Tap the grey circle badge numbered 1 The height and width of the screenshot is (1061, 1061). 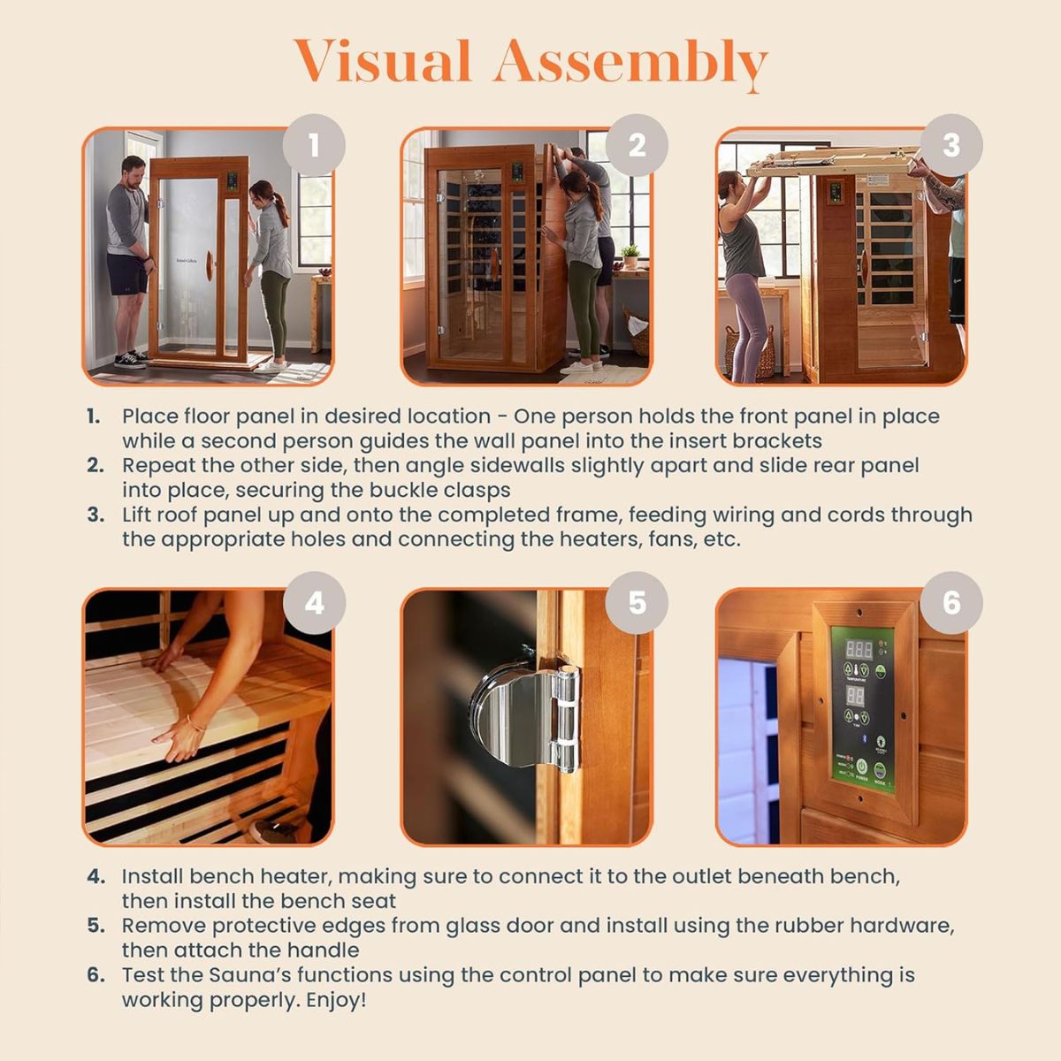point(314,145)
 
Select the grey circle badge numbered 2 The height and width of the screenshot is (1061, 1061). point(637,145)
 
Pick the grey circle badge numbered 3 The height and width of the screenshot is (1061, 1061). point(951,145)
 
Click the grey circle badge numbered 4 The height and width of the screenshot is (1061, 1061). point(314,603)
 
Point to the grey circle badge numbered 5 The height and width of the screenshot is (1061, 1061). point(637,603)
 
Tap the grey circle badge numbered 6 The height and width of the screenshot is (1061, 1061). point(951,603)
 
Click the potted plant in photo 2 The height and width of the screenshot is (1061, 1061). point(630,256)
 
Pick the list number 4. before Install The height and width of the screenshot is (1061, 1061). point(95,877)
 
